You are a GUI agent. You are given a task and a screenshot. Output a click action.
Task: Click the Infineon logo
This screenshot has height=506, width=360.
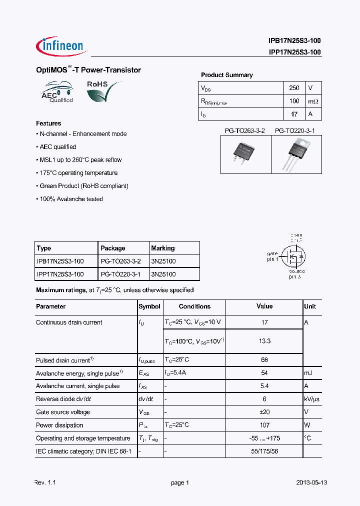pos(61,46)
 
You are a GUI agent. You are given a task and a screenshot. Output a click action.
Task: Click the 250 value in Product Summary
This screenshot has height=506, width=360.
pos(294,88)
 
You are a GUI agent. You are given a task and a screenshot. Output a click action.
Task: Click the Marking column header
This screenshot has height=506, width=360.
pos(163,248)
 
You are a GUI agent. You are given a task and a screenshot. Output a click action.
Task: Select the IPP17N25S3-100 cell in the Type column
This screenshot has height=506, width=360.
pos(60,274)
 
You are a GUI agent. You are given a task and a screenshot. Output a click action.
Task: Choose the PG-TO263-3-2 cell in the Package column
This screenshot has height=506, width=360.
pos(120,261)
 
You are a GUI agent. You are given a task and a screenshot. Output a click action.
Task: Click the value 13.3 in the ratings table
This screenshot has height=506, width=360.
pos(264,341)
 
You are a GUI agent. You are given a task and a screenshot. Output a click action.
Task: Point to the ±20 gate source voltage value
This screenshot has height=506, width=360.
pos(264,412)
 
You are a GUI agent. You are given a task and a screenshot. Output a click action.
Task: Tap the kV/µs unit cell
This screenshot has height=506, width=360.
pos(312,399)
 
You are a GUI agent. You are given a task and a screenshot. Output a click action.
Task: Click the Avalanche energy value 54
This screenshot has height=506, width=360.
pos(264,373)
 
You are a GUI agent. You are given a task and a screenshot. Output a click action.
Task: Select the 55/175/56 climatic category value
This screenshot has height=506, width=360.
pos(264,451)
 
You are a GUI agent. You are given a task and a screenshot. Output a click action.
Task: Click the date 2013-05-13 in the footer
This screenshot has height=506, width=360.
pos(311,482)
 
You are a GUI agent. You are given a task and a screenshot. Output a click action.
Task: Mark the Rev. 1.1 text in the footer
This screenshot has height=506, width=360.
pos(45,482)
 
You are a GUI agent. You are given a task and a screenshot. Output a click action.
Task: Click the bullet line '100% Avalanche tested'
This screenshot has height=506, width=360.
pos(70,199)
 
